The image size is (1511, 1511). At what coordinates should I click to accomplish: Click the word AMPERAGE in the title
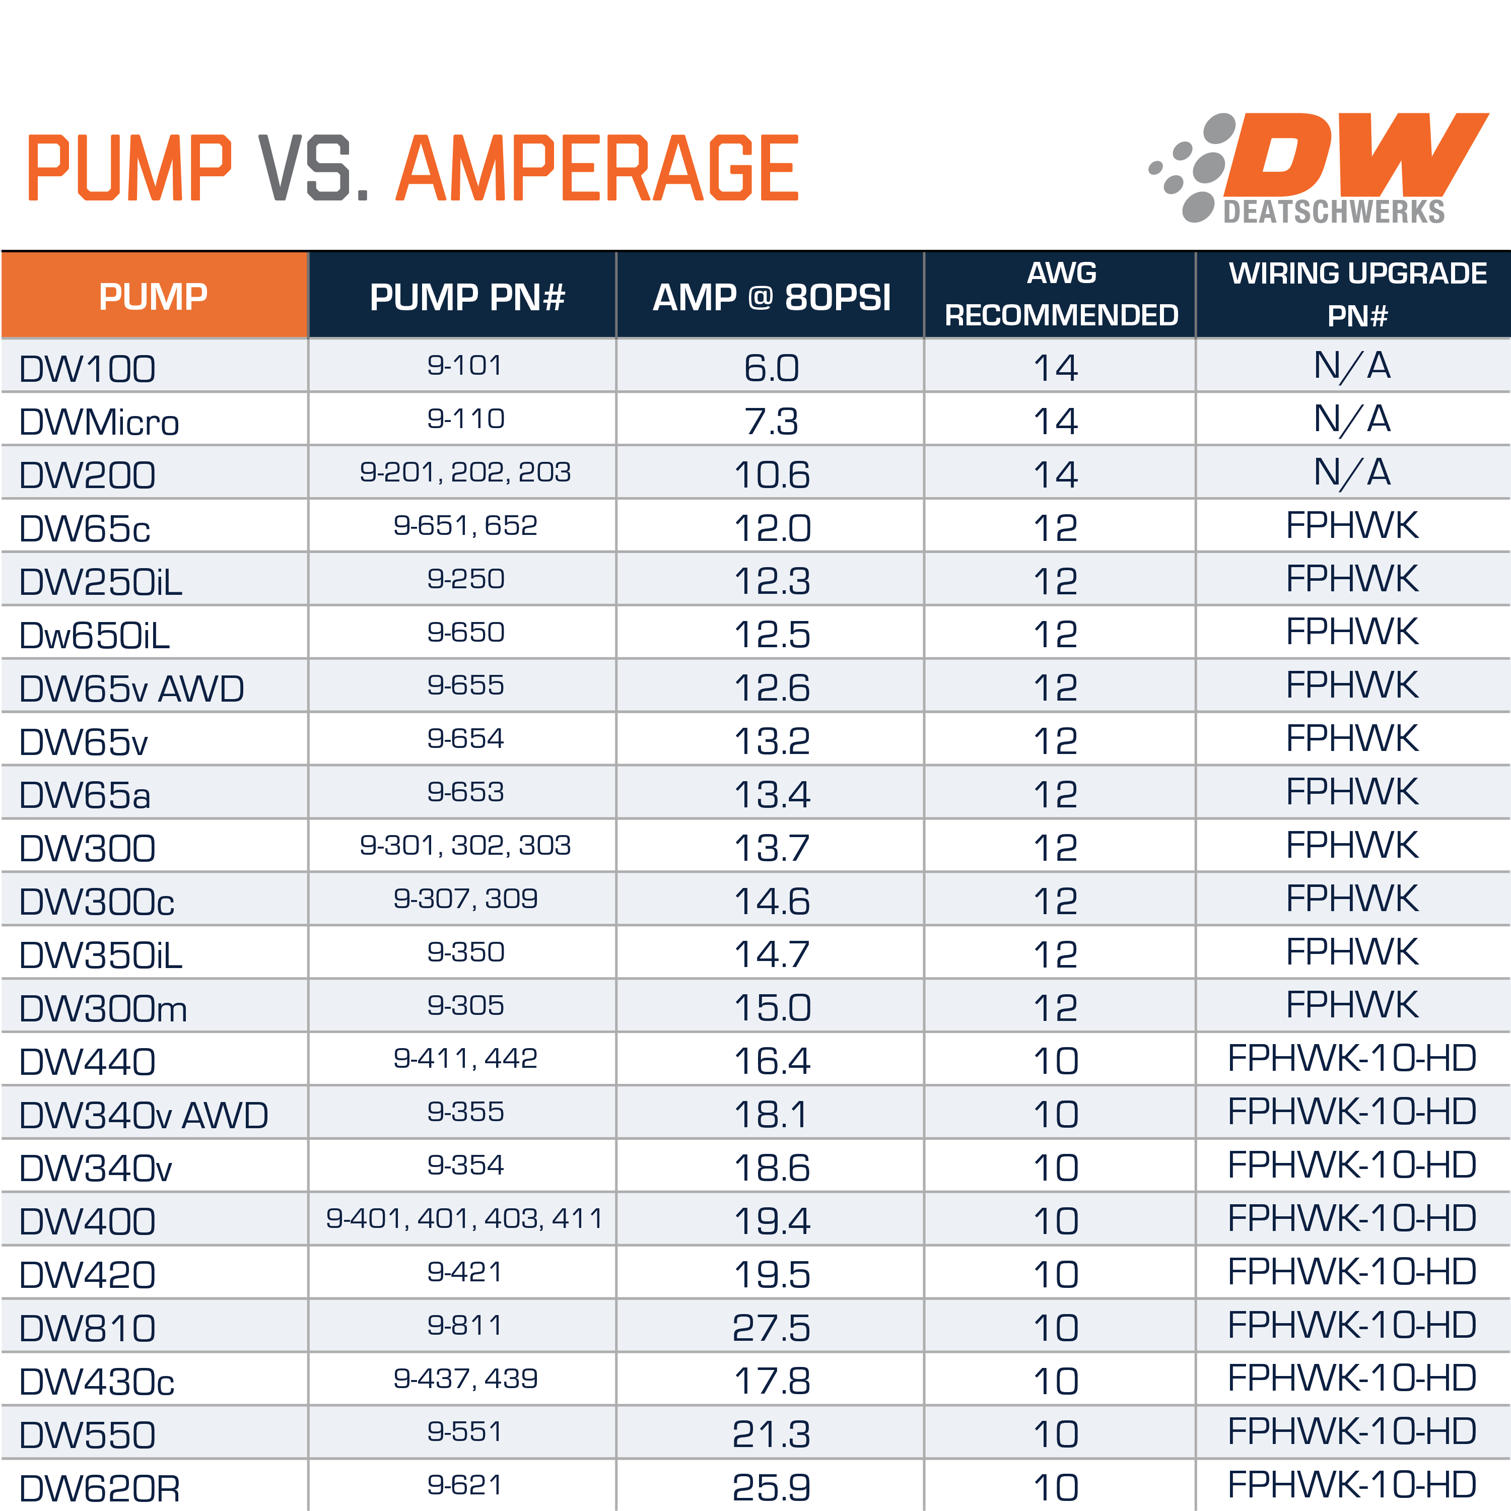point(598,168)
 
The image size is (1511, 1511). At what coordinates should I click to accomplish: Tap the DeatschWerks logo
point(1318,168)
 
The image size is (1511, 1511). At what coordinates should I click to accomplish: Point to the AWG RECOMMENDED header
point(1061,295)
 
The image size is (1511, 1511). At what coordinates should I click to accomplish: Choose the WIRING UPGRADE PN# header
point(1357,295)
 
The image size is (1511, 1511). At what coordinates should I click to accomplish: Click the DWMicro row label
point(99,423)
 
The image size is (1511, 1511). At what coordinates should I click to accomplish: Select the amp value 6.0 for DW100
point(771,368)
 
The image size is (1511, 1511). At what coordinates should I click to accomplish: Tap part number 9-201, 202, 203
point(465,472)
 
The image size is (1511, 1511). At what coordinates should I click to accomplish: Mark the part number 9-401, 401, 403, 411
point(465,1218)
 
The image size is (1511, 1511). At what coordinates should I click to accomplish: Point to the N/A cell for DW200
point(1352,472)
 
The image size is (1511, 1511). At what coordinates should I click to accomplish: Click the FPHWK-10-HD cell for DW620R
point(1352,1484)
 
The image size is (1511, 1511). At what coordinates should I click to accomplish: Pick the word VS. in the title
point(313,168)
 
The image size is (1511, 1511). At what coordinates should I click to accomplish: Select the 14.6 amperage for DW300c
point(771,901)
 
